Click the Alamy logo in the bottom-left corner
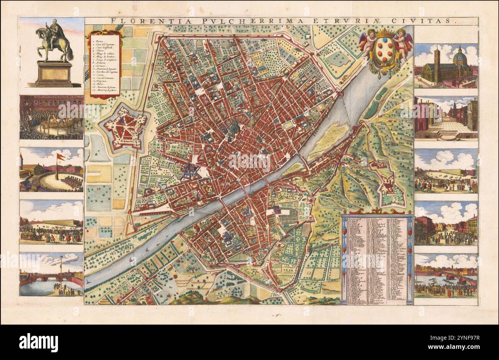(x=38, y=342)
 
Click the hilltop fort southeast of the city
(x=392, y=191)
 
